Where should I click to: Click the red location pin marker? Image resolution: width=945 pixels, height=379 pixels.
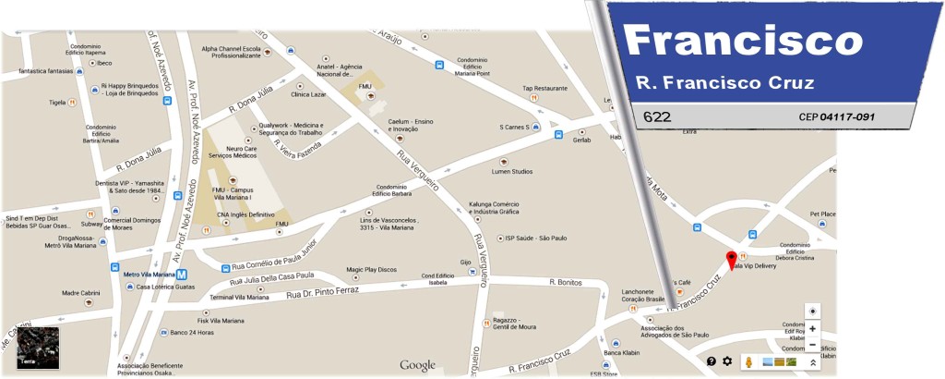(x=731, y=260)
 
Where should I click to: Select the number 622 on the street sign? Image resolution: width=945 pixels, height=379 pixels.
(x=657, y=117)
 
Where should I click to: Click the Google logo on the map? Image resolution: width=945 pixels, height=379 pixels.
(x=417, y=365)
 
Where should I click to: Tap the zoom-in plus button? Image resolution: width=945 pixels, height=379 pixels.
(x=812, y=328)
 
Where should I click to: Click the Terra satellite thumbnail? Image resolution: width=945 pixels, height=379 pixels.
(x=38, y=348)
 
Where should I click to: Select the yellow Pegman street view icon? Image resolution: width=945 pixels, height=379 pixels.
(x=749, y=361)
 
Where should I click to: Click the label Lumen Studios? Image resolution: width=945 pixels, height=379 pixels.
(x=510, y=171)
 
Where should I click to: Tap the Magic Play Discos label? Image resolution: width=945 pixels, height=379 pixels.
(x=371, y=270)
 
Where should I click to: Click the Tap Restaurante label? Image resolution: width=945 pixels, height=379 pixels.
(x=544, y=89)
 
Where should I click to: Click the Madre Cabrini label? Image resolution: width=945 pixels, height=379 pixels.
(x=81, y=293)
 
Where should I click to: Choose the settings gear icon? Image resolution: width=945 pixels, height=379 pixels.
(x=727, y=361)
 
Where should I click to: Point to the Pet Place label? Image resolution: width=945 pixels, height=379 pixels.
(x=822, y=214)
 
